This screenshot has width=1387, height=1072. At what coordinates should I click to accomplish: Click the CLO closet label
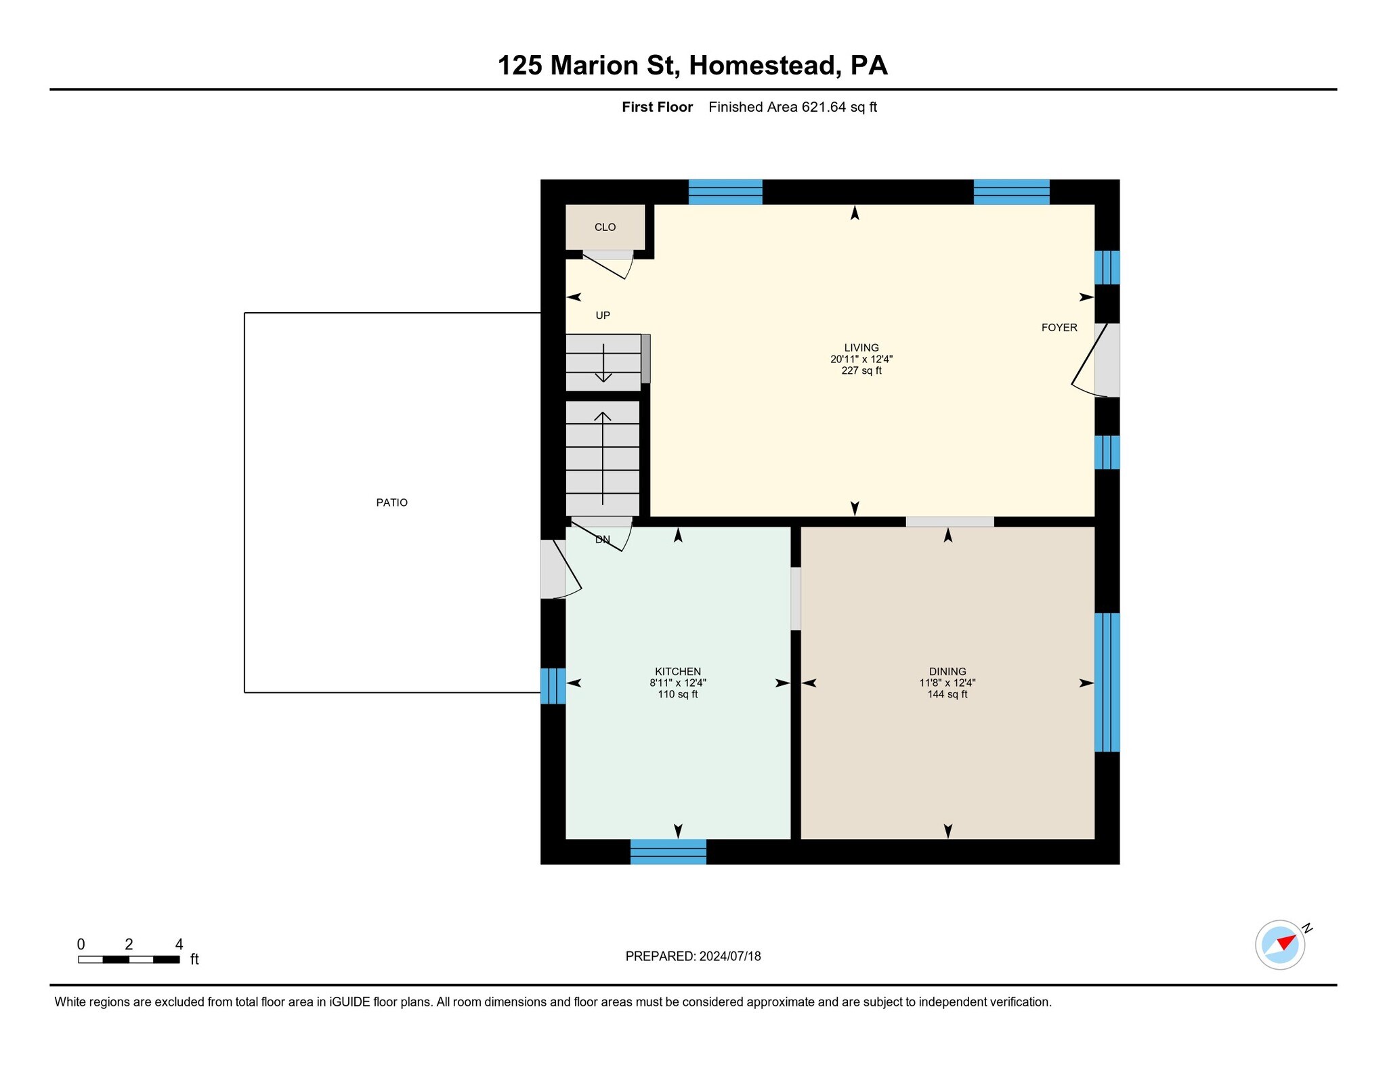pos(605,227)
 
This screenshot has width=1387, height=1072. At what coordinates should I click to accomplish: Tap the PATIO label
pos(391,502)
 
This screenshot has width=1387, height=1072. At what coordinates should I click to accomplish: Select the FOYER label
pos(1059,328)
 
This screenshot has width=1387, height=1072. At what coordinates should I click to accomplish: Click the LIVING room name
pos(861,347)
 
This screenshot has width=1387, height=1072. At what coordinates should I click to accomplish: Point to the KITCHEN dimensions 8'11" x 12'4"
pos(678,683)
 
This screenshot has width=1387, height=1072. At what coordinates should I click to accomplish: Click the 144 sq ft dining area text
pos(947,694)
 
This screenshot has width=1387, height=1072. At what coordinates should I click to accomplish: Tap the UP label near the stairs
pos(603,315)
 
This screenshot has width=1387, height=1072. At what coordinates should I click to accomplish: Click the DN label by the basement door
pos(603,540)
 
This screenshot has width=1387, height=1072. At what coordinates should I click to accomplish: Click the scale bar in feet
pos(129,959)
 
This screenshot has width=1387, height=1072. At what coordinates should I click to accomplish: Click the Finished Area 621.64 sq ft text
pos(792,107)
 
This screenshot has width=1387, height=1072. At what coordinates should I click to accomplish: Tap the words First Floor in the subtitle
pos(657,107)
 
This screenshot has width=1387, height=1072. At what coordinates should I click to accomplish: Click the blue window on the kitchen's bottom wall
pos(668,851)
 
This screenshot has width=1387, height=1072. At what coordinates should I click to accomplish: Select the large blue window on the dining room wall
pos(1107,682)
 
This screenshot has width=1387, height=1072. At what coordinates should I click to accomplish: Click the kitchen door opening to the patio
pos(561,570)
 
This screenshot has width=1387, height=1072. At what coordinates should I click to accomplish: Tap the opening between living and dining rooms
pos(949,521)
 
